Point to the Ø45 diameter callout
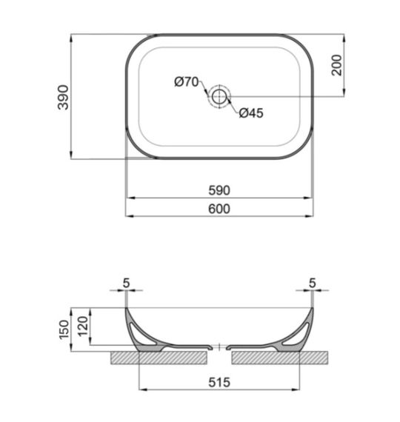pos(251,113)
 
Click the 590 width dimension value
pos(219,190)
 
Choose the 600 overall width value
pos(219,209)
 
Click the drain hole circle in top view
pos(219,96)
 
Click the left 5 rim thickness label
pos(126,282)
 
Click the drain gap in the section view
pos(219,346)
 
